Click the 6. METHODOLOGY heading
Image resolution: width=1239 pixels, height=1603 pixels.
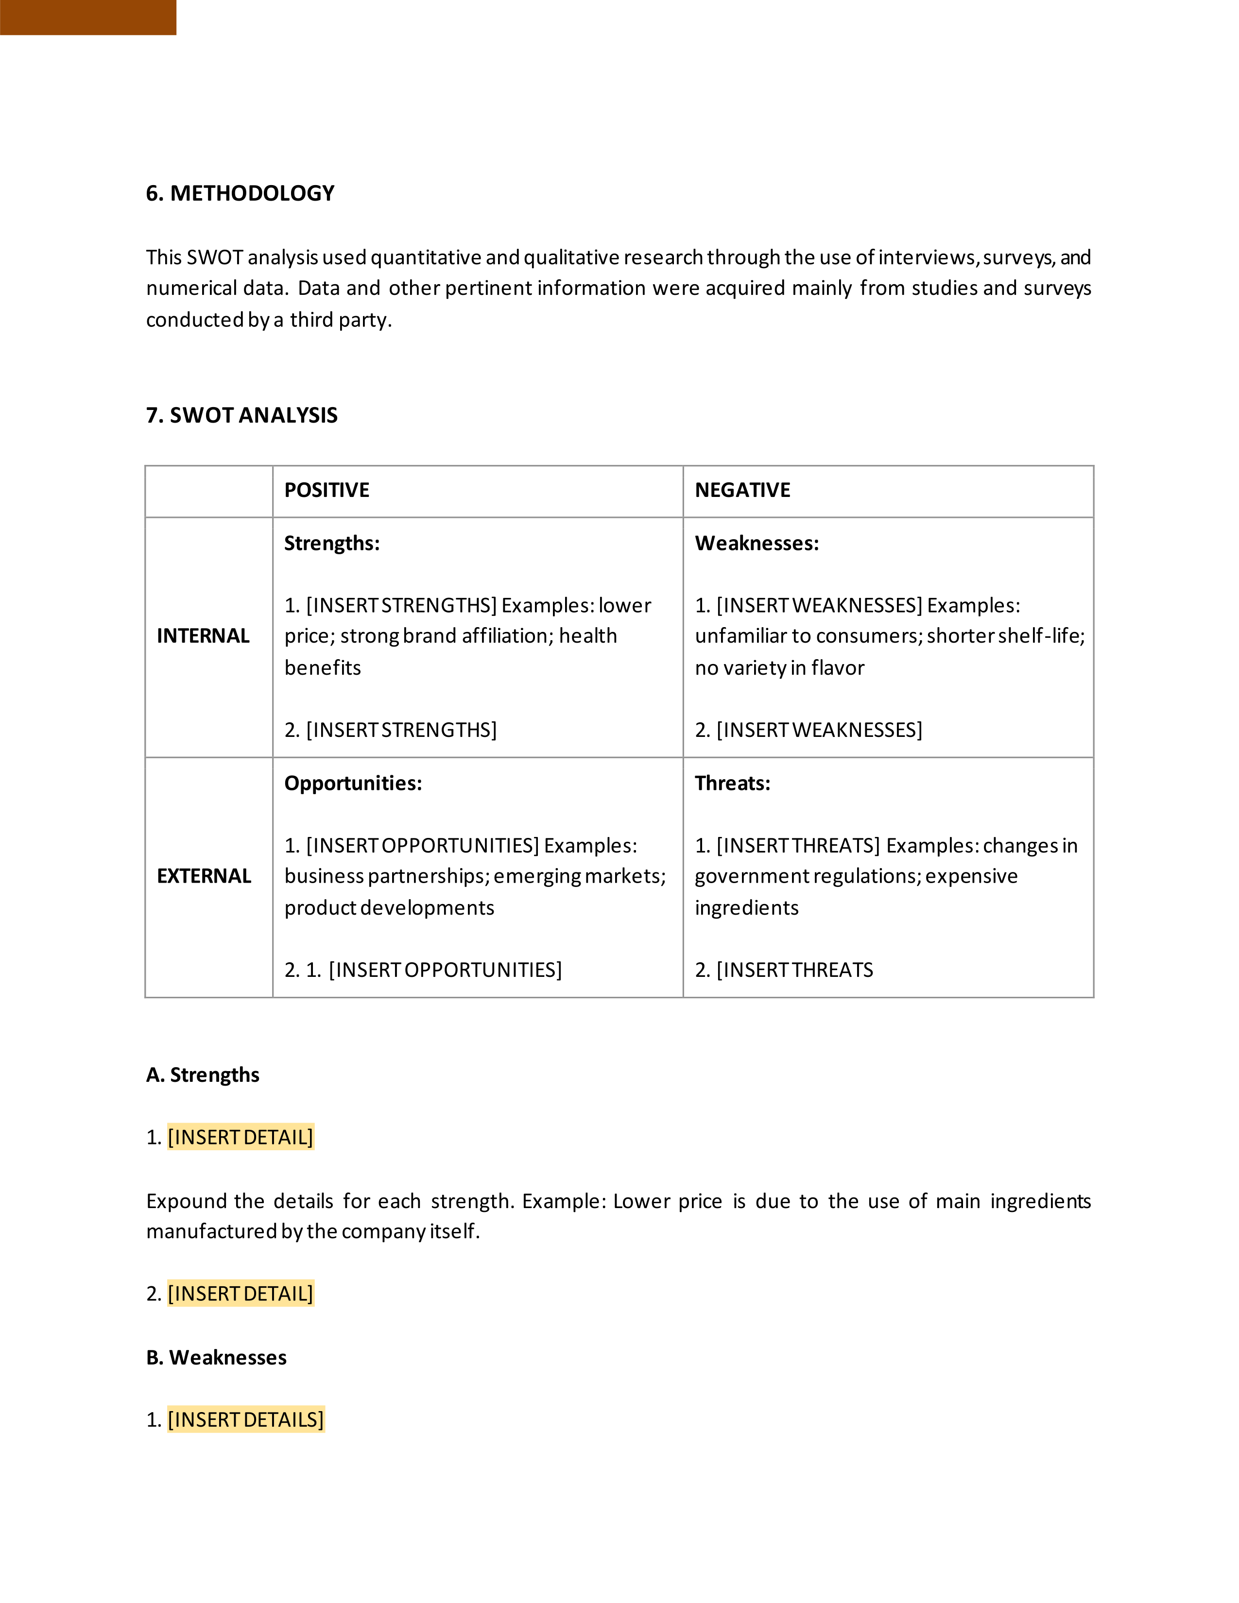[x=240, y=193]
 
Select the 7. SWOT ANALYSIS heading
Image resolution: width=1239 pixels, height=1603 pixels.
[x=241, y=415]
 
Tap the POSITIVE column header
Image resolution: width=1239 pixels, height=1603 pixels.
[x=327, y=490]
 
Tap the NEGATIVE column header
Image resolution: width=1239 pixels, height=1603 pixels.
[x=742, y=490]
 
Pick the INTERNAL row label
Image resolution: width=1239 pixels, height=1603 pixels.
[x=203, y=636]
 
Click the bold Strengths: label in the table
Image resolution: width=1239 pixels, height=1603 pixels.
[x=332, y=543]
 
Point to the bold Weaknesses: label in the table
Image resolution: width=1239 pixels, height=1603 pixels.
[x=757, y=543]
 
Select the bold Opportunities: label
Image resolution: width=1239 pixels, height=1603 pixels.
[x=353, y=783]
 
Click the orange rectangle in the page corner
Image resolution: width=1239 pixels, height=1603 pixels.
[x=88, y=17]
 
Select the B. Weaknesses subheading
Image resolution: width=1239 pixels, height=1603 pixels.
[x=217, y=1357]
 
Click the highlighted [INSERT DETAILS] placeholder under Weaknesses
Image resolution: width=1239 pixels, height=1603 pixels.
[x=245, y=1419]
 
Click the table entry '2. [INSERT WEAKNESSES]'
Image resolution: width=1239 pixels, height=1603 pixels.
[x=808, y=730]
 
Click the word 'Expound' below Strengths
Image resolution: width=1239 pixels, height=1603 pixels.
[x=187, y=1201]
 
